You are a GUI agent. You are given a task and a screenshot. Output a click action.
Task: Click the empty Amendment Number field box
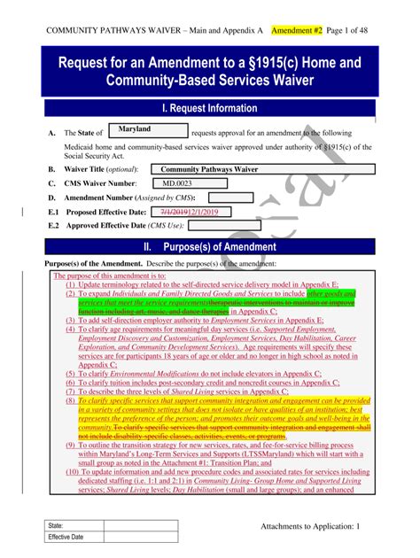pyautogui.click(x=229, y=198)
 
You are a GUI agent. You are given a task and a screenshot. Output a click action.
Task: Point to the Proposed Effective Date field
pyautogui.click(x=191, y=213)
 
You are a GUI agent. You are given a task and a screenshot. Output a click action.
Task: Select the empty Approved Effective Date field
pyautogui.click(x=229, y=227)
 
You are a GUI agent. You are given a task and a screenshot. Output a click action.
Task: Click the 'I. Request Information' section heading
pyautogui.click(x=210, y=108)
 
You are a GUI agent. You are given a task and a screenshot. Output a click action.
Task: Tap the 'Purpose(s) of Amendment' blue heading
pyautogui.click(x=210, y=246)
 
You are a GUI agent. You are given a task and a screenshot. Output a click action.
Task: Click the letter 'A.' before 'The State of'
pyautogui.click(x=52, y=133)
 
